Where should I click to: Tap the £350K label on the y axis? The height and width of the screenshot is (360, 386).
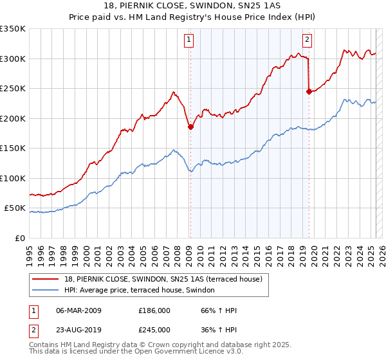[13, 29]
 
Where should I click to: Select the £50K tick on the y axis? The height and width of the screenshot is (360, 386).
[15, 208]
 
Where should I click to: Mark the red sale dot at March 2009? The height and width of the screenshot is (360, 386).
[190, 127]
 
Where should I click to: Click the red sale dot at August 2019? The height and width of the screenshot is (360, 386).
[309, 92]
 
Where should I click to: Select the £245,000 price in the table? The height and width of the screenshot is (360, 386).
[154, 330]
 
